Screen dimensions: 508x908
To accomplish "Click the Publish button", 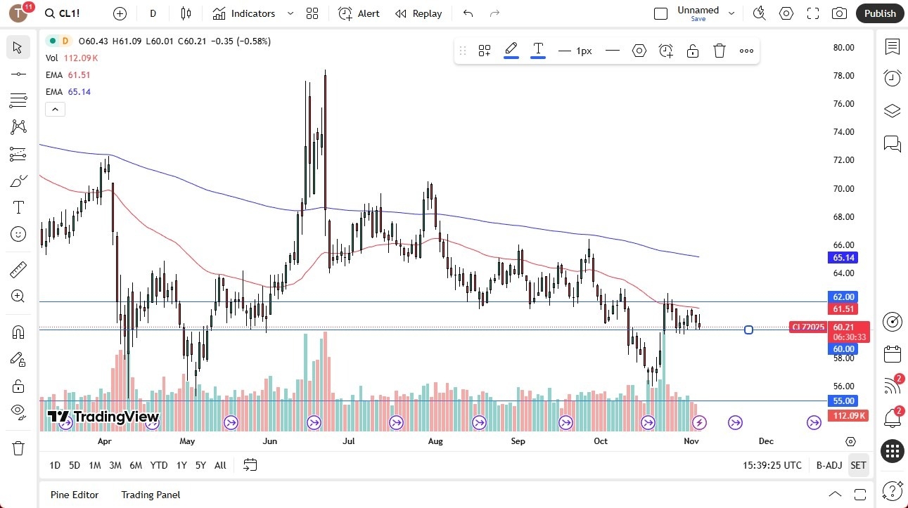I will (x=879, y=13).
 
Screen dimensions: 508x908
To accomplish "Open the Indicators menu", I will (x=244, y=13).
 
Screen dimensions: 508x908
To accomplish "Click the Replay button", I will (x=418, y=13).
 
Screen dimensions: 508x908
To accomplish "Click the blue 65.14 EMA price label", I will (x=844, y=258).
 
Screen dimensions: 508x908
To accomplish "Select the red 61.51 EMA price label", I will (x=844, y=309).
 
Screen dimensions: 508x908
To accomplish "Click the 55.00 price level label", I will (x=844, y=401).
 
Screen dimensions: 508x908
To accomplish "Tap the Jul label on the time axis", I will (x=348, y=441).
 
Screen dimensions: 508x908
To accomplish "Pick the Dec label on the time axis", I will (x=766, y=441).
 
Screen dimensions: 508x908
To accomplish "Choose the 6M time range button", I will (x=136, y=465).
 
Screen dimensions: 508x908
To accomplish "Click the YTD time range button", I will (x=159, y=465).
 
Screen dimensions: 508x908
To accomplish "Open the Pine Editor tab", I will (x=75, y=495).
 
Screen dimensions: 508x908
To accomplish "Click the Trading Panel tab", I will (x=151, y=495).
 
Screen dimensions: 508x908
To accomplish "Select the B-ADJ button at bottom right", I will (x=829, y=465).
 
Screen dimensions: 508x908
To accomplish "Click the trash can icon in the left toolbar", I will (x=18, y=448).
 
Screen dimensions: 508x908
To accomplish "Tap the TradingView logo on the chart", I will (x=103, y=417).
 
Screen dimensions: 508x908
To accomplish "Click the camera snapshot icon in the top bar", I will (x=839, y=13).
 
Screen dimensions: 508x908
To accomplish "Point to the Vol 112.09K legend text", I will (x=71, y=58).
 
